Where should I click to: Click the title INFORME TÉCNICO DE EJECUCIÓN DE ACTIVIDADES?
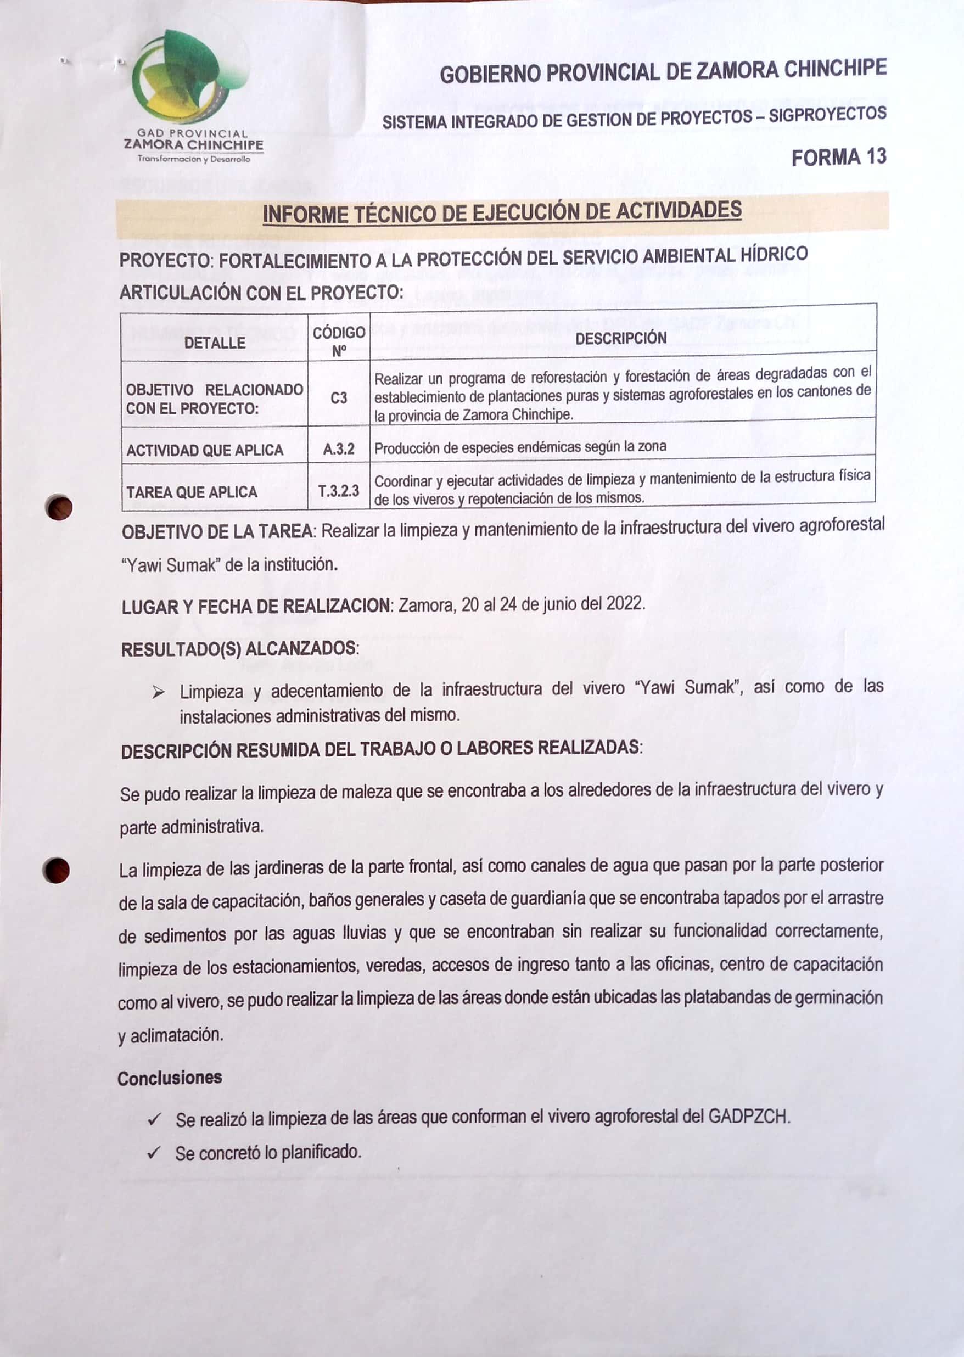[502, 212]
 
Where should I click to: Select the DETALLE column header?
[214, 343]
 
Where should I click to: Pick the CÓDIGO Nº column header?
[339, 341]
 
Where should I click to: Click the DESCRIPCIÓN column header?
[621, 338]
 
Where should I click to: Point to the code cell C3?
[339, 398]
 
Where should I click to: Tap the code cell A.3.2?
[338, 449]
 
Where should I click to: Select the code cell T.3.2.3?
[338, 491]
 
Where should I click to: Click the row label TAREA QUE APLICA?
[192, 492]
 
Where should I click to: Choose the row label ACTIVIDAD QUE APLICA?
[205, 450]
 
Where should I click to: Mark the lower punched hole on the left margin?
[57, 870]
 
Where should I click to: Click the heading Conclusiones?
[170, 1078]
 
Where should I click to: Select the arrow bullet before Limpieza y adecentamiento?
[158, 692]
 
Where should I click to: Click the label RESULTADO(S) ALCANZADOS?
[240, 648]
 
